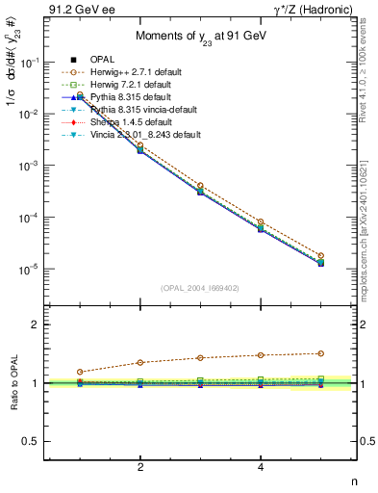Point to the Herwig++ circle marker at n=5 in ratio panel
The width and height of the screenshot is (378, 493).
click(x=320, y=353)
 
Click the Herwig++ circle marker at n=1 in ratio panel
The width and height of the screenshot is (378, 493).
click(x=80, y=372)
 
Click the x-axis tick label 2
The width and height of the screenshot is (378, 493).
click(x=140, y=468)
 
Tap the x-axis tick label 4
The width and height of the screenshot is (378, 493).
click(x=261, y=468)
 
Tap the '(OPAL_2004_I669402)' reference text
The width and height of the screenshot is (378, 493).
click(x=201, y=288)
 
